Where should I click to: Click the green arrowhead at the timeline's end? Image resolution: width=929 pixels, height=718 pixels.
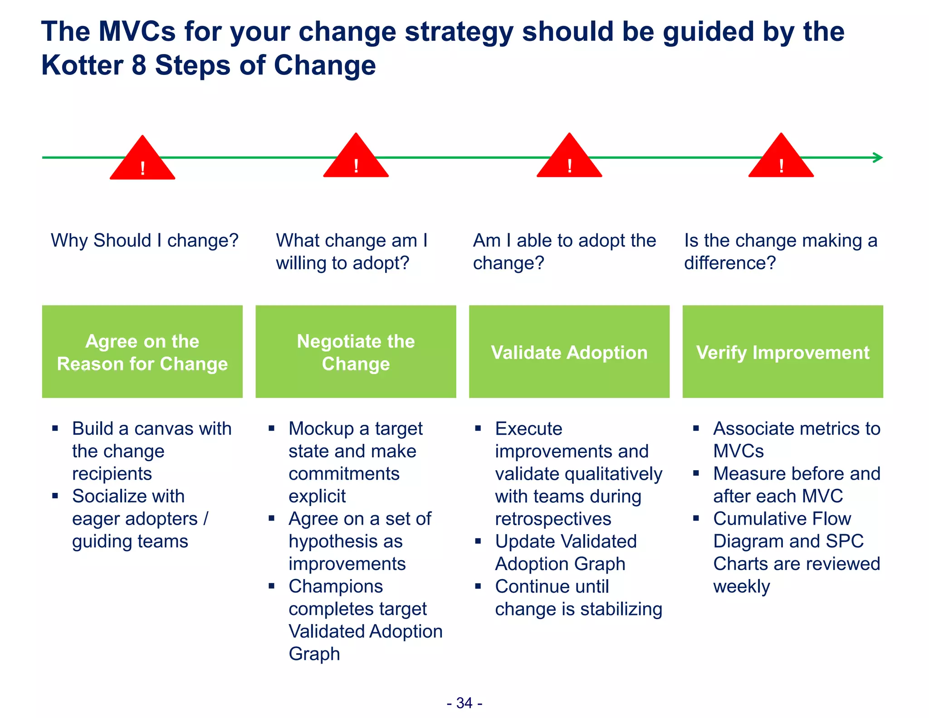pos(878,157)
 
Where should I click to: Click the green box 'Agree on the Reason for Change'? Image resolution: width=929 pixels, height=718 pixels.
pos(142,352)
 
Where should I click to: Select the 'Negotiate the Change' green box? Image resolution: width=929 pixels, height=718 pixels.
pos(356,352)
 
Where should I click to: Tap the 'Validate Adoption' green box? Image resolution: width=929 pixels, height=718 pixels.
pos(569,352)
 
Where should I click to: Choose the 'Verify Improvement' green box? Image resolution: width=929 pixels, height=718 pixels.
pos(782,352)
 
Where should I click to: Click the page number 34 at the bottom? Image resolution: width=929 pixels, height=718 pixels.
pos(464,703)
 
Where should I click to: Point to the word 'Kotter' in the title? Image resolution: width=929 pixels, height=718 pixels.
pos(82,65)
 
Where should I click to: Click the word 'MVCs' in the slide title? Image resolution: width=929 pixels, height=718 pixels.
pos(137,31)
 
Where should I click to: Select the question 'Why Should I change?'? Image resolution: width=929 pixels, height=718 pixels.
pos(145,240)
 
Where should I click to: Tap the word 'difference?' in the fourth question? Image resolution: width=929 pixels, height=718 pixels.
pos(730,263)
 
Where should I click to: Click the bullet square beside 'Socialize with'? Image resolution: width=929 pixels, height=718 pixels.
pos(55,496)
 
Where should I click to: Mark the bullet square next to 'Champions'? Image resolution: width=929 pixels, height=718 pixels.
pos(271,586)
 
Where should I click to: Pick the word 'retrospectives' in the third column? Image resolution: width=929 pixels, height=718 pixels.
pos(553,519)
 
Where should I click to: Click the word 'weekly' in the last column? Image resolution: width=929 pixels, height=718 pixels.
pos(741,586)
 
